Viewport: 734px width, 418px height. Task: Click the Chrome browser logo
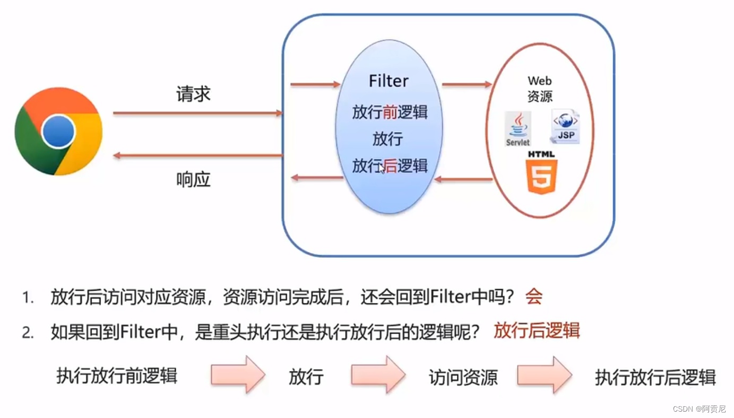tap(58, 131)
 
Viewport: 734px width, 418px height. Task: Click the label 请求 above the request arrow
tap(193, 94)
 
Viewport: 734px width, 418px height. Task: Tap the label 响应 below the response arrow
tap(193, 180)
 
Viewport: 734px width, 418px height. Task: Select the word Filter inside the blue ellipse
tap(388, 81)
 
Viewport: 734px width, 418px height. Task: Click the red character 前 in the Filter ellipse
tap(390, 112)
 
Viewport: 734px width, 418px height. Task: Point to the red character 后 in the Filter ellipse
tap(390, 166)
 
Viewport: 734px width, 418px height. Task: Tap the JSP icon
tap(565, 127)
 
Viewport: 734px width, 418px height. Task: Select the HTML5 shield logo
tap(541, 173)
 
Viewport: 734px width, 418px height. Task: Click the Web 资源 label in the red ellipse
tap(540, 89)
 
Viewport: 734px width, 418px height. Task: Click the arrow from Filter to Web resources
tap(467, 84)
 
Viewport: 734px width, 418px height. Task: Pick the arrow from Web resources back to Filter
tap(463, 180)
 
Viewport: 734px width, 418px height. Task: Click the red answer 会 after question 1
tap(534, 297)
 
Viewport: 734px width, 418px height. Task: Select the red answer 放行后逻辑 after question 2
tap(537, 331)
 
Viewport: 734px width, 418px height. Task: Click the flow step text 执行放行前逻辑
tap(117, 376)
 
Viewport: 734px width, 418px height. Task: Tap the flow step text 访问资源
tap(463, 377)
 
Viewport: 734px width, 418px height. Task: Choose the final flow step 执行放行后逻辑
tap(655, 377)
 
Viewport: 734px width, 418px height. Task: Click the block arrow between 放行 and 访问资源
tap(378, 375)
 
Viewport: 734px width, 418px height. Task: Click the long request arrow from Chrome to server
tap(197, 113)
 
